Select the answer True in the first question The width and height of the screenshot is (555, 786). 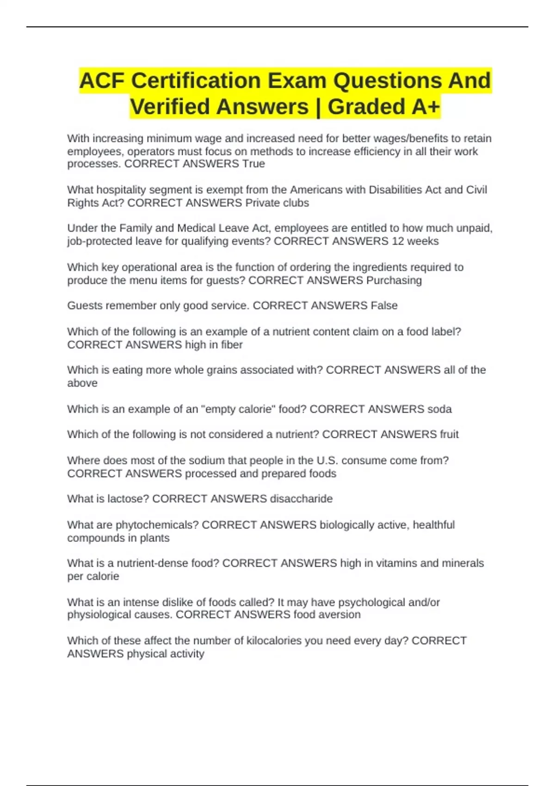253,164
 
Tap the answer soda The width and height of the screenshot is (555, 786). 439,409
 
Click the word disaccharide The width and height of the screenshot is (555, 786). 301,499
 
